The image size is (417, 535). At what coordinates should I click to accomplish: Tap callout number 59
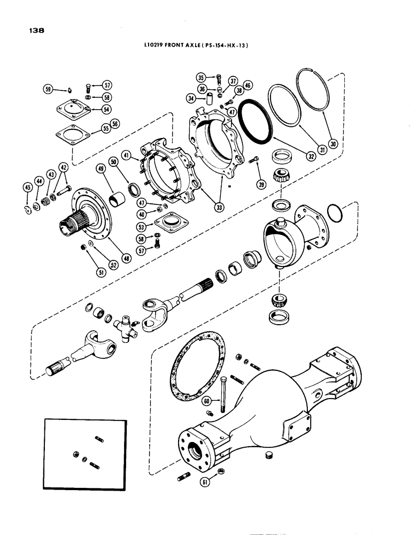[x=49, y=89]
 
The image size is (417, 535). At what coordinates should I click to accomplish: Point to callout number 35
[x=201, y=77]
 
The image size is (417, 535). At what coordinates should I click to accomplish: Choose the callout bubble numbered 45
[x=27, y=187]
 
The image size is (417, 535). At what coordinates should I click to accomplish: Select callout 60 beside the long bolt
[x=206, y=401]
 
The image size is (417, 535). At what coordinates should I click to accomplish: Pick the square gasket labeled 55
[x=72, y=132]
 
